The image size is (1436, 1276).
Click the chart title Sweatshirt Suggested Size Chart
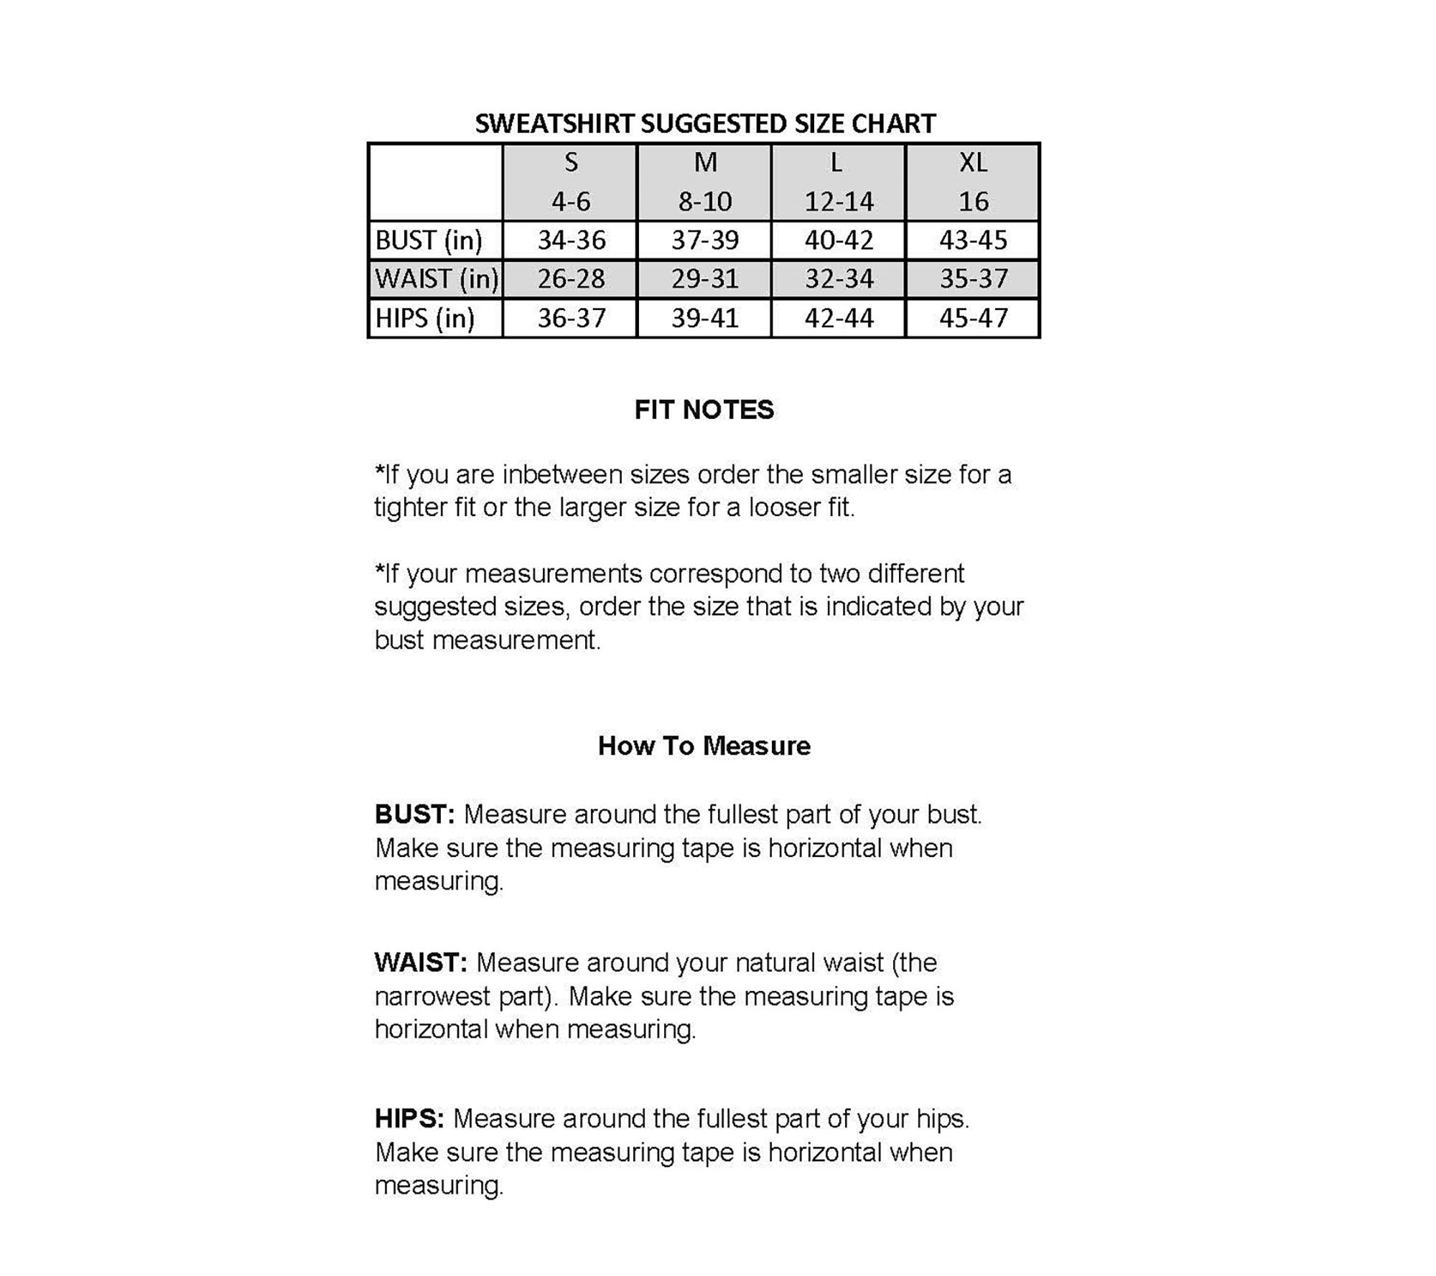click(x=705, y=123)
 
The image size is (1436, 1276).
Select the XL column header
click(x=973, y=163)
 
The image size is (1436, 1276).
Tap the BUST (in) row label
click(x=429, y=240)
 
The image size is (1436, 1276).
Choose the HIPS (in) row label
click(x=425, y=318)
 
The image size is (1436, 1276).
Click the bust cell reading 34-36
click(x=572, y=240)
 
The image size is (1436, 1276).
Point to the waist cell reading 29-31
click(x=705, y=279)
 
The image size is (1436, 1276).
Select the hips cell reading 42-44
click(x=839, y=318)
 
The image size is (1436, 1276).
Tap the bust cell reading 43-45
click(x=974, y=240)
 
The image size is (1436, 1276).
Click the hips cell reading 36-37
click(x=572, y=318)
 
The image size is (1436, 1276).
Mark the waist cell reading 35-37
click(x=974, y=279)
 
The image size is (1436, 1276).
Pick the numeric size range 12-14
click(x=839, y=202)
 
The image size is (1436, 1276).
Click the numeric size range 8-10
click(x=705, y=202)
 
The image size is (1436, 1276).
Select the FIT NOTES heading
click(x=704, y=410)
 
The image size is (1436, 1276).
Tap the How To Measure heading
click(x=704, y=746)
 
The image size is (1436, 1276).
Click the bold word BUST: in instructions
click(x=414, y=815)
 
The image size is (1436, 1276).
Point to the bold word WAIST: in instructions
click(x=421, y=963)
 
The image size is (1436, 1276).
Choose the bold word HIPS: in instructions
click(x=409, y=1119)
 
